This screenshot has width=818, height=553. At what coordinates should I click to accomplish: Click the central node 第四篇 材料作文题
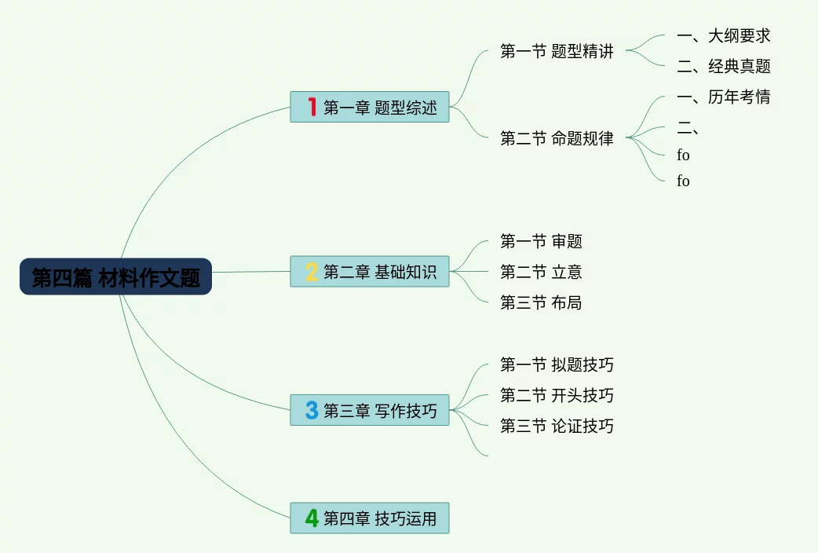click(x=115, y=277)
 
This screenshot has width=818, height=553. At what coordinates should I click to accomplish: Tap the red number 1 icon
click(x=312, y=107)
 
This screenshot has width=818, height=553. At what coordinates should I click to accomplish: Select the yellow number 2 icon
click(x=312, y=272)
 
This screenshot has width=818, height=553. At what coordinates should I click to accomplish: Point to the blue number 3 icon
click(x=312, y=410)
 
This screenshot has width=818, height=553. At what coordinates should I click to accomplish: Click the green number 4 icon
click(x=312, y=518)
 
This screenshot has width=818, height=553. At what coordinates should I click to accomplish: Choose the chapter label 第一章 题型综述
click(x=380, y=108)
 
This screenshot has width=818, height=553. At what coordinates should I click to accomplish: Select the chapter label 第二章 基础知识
click(x=380, y=272)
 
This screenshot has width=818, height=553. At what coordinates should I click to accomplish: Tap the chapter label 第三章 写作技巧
click(x=380, y=410)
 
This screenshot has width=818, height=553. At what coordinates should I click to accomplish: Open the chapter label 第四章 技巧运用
click(x=380, y=518)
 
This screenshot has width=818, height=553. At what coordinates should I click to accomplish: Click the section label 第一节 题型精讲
click(x=557, y=52)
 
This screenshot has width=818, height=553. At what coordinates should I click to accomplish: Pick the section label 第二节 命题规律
click(x=557, y=138)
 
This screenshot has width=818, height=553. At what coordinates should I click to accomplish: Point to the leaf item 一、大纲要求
click(x=723, y=35)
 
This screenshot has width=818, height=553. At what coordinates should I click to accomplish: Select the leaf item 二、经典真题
click(x=723, y=66)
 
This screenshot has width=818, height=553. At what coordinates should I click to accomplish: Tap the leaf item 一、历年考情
click(x=723, y=97)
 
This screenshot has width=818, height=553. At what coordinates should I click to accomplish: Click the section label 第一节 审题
click(x=541, y=241)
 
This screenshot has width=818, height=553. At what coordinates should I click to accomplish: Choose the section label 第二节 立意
click(x=541, y=272)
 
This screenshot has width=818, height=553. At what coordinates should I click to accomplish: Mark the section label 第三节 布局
click(x=541, y=302)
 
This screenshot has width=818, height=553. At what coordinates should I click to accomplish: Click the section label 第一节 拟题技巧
click(x=557, y=364)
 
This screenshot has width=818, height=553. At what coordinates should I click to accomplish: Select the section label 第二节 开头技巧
click(x=557, y=395)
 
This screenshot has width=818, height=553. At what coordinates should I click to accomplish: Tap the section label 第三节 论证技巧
click(x=557, y=426)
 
